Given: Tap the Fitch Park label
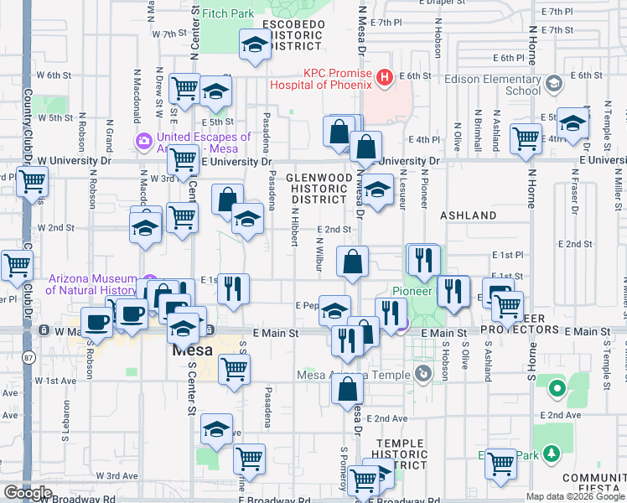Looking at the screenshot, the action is point(228,13).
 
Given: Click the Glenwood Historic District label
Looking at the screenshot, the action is point(317,189).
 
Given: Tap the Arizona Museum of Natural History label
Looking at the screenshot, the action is point(92,285).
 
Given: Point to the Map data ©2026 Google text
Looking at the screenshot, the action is point(574,496).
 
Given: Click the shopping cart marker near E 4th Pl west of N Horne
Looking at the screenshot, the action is point(526,138).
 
